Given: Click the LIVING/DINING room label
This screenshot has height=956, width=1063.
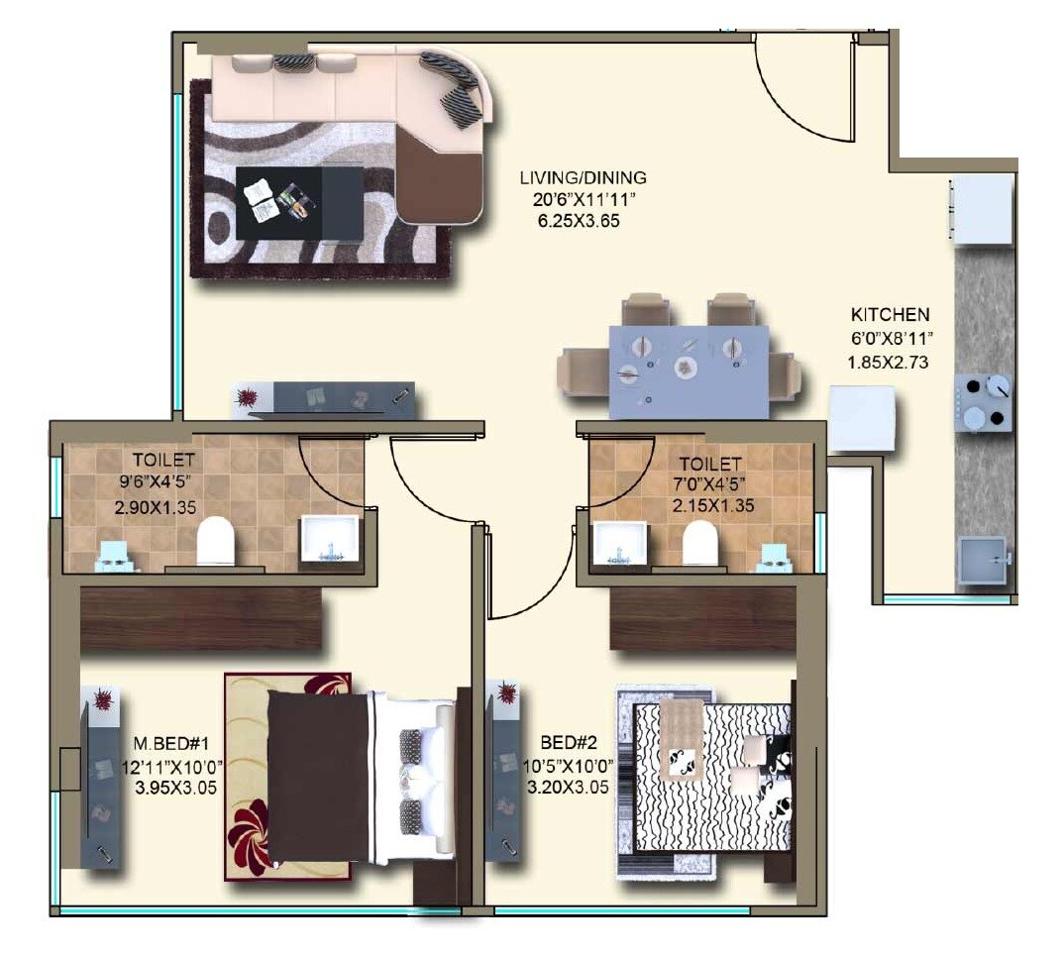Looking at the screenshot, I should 583,178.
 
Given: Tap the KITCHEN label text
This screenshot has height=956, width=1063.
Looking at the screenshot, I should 890,315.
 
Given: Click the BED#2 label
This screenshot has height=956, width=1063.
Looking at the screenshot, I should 567,742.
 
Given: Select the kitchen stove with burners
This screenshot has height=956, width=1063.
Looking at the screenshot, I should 984,403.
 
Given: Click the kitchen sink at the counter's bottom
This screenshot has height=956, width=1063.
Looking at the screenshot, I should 981,561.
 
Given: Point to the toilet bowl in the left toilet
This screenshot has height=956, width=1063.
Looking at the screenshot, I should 216,542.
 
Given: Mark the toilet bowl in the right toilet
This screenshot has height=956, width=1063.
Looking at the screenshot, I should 700,542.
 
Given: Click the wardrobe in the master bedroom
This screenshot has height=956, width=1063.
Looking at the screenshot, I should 201,619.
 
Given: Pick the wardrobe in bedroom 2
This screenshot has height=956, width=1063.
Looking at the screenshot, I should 702,619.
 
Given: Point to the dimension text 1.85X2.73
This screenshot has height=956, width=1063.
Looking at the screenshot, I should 887,362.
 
